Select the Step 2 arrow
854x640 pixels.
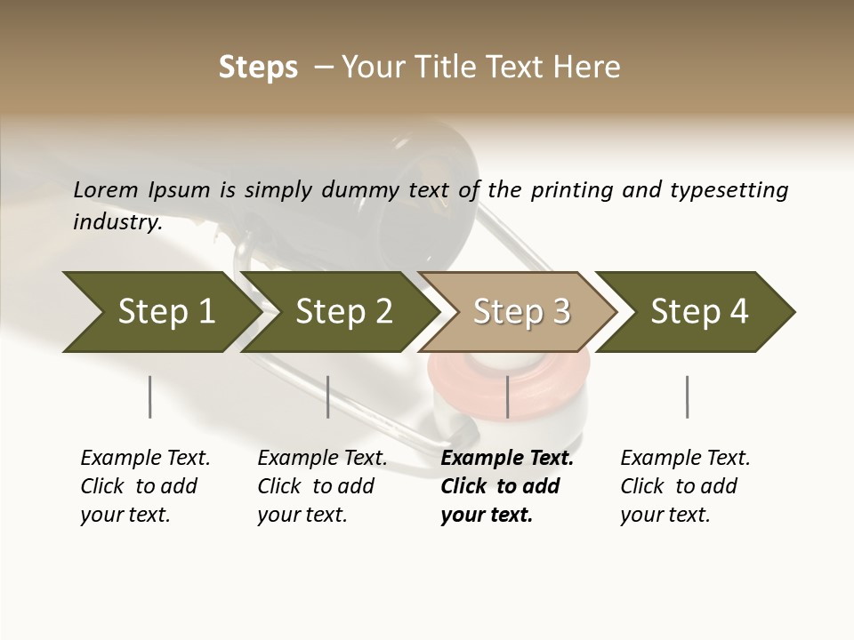(x=342, y=312)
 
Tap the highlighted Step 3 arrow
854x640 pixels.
(x=520, y=312)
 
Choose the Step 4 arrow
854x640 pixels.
(x=698, y=312)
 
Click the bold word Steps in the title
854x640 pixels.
(x=258, y=68)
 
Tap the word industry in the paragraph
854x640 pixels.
(x=117, y=221)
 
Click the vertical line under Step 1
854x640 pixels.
(x=149, y=396)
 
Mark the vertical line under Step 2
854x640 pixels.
(x=328, y=396)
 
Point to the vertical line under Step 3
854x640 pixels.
(x=507, y=396)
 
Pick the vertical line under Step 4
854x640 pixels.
(x=687, y=396)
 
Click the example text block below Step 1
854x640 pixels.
(x=145, y=486)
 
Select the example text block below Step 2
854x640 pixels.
(x=322, y=486)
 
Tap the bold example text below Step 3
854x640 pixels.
(x=506, y=486)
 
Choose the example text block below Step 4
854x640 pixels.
(x=685, y=486)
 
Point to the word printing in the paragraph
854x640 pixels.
(x=568, y=190)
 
